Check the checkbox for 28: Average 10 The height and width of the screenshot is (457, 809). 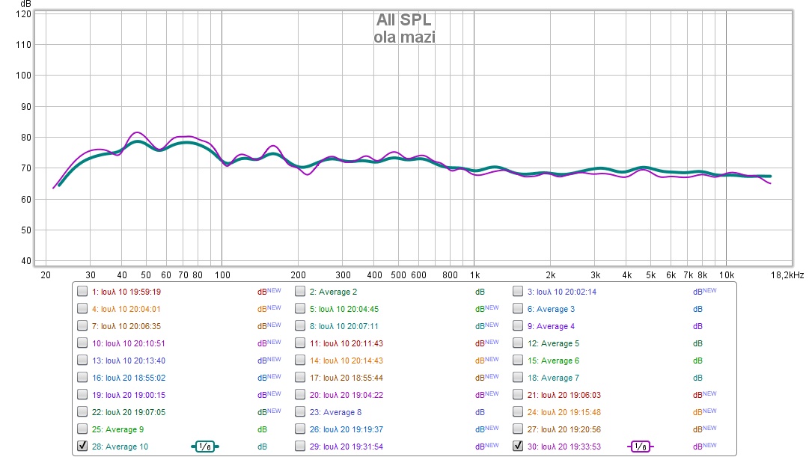82,447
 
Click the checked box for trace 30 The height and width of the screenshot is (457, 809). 518,447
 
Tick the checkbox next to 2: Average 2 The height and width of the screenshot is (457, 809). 300,292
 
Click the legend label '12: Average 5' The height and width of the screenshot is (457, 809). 553,343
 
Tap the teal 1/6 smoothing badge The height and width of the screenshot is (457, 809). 205,447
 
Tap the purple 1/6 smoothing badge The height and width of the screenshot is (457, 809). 640,447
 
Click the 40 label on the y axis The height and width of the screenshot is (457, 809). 26,261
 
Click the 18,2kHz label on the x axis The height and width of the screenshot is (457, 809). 787,274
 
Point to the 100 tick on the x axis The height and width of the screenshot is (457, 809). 222,274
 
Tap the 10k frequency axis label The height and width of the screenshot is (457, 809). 726,274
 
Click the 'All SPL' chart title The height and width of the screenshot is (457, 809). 404,21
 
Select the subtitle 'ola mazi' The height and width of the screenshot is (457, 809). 404,37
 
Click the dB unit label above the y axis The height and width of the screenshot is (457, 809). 25,4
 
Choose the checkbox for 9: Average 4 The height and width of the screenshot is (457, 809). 518,326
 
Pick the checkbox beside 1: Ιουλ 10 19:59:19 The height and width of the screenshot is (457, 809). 82,292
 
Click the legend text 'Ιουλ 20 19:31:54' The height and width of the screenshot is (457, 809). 351,447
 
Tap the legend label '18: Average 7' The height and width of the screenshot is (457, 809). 553,378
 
